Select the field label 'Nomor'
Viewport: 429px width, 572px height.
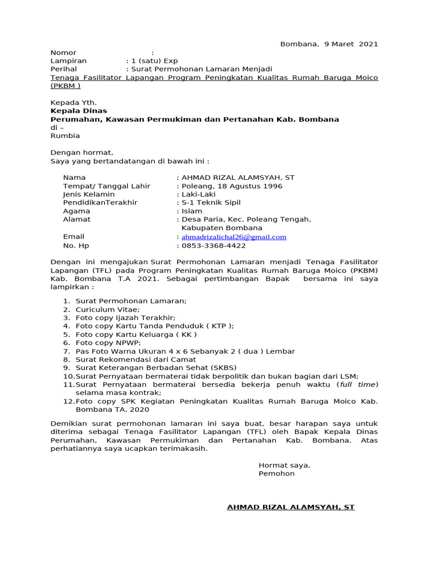coord(63,53)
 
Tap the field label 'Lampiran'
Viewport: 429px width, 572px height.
coord(69,61)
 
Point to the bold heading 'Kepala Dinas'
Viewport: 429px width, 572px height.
coord(79,111)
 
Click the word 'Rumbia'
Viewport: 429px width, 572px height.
coord(65,136)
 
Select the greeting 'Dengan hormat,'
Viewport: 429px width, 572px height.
coord(82,152)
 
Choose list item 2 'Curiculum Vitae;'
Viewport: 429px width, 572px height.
coord(108,309)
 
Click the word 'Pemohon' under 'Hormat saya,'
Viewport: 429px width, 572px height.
coord(277,474)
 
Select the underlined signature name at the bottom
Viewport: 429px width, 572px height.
coord(290,507)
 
